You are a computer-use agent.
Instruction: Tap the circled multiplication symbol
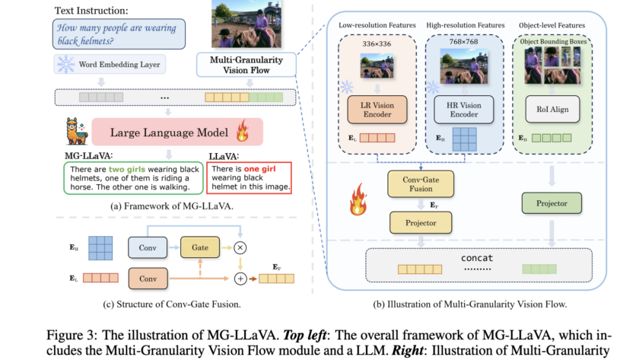pos(243,248)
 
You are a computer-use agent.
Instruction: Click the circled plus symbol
pos(243,279)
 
